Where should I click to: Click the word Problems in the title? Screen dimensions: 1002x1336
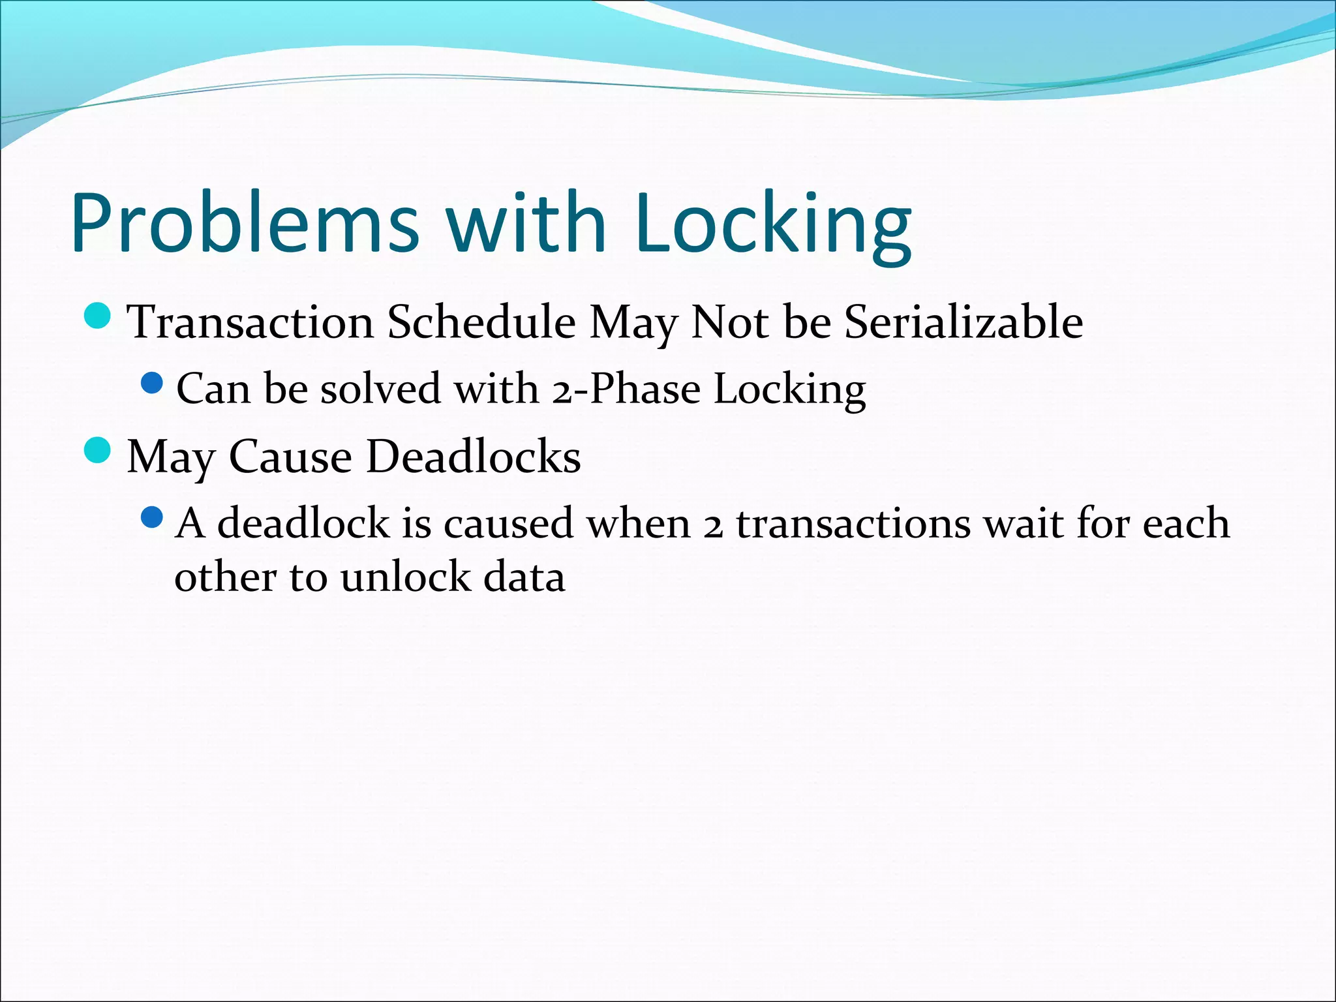tap(245, 223)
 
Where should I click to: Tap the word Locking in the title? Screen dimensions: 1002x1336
tap(772, 223)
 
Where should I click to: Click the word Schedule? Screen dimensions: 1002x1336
tap(481, 322)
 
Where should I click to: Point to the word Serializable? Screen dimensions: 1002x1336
tap(964, 322)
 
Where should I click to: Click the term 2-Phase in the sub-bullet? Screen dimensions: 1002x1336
tap(626, 389)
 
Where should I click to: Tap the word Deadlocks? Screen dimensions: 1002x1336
tap(474, 457)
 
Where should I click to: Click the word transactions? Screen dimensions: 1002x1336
tap(854, 524)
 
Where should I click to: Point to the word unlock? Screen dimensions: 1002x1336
tap(405, 578)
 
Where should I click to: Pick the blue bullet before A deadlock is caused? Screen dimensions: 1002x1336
tap(151, 518)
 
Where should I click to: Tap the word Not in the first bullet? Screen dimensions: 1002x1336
tap(731, 322)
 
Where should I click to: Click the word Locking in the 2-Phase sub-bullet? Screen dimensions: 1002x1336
tap(789, 389)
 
